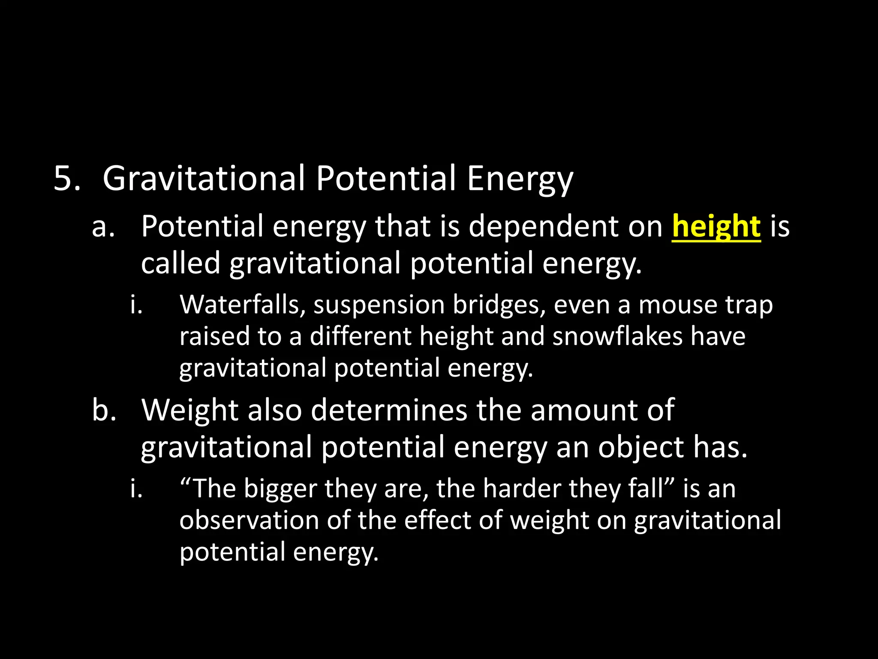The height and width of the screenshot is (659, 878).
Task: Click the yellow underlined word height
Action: click(x=716, y=227)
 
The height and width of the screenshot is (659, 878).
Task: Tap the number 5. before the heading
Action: click(x=67, y=178)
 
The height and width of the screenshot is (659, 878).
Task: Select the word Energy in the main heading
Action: click(x=520, y=179)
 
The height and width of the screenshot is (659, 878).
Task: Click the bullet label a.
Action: click(x=103, y=227)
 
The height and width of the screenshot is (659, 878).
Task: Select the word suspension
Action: click(x=379, y=306)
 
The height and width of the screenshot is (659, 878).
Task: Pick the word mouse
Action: click(x=678, y=305)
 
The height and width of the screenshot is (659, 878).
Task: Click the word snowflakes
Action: click(x=617, y=336)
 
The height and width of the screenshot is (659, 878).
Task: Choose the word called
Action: click(x=180, y=263)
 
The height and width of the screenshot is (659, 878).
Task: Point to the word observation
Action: click(x=249, y=520)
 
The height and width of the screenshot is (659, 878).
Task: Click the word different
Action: click(x=360, y=336)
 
